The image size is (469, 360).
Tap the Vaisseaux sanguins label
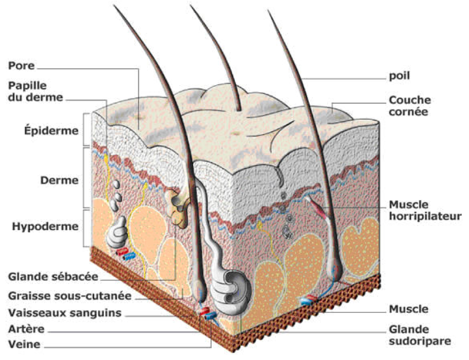(x=64, y=313)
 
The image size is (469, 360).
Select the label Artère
(x=26, y=329)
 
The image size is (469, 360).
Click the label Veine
(x=24, y=345)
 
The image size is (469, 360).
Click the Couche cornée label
(x=409, y=105)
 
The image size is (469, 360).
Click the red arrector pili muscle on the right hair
(x=318, y=205)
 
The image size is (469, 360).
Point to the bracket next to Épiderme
(x=86, y=130)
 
